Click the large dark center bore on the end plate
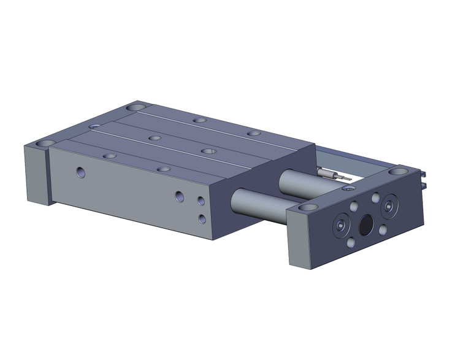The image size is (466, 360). point(365,226)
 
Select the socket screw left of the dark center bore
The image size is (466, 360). point(340,226)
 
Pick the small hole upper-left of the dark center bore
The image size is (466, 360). point(352,204)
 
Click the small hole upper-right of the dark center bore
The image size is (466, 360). point(376,197)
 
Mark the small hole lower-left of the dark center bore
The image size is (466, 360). point(350,243)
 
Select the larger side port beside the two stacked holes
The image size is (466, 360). point(179,196)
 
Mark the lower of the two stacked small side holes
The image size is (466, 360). point(202,218)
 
